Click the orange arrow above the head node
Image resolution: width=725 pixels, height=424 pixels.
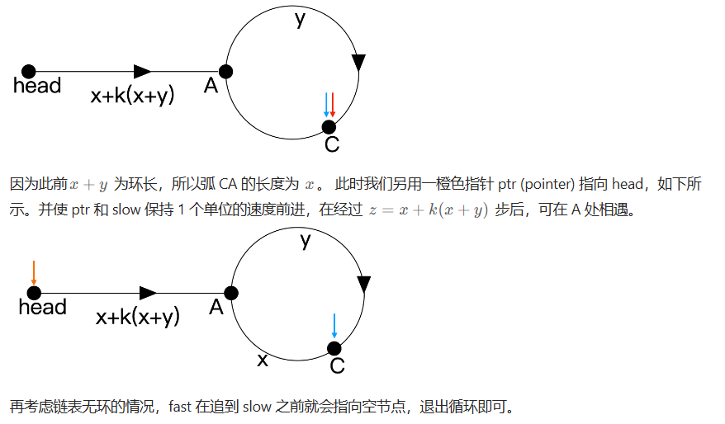(33, 273)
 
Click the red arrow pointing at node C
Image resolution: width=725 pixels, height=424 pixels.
(333, 105)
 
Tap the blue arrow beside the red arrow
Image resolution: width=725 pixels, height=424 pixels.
(326, 105)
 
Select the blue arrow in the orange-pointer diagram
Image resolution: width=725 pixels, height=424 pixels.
(334, 326)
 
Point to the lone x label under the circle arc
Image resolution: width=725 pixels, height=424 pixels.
(263, 360)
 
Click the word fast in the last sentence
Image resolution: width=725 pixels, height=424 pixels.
(181, 407)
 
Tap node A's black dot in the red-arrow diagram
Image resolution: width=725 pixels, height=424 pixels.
(225, 72)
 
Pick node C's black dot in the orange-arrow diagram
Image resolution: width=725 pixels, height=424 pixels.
(334, 348)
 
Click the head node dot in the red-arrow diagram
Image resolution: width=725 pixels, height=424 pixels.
(29, 72)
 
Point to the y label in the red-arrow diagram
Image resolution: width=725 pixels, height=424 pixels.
(300, 20)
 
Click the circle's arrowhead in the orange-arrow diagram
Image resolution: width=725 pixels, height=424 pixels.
(363, 285)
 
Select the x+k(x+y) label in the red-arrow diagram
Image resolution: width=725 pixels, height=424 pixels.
(133, 95)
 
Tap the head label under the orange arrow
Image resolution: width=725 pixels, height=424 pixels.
(42, 308)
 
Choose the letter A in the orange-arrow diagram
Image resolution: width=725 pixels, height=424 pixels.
(216, 308)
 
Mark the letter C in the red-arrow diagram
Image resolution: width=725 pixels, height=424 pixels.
(331, 145)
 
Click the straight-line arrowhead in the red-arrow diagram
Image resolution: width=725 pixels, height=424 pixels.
(142, 72)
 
